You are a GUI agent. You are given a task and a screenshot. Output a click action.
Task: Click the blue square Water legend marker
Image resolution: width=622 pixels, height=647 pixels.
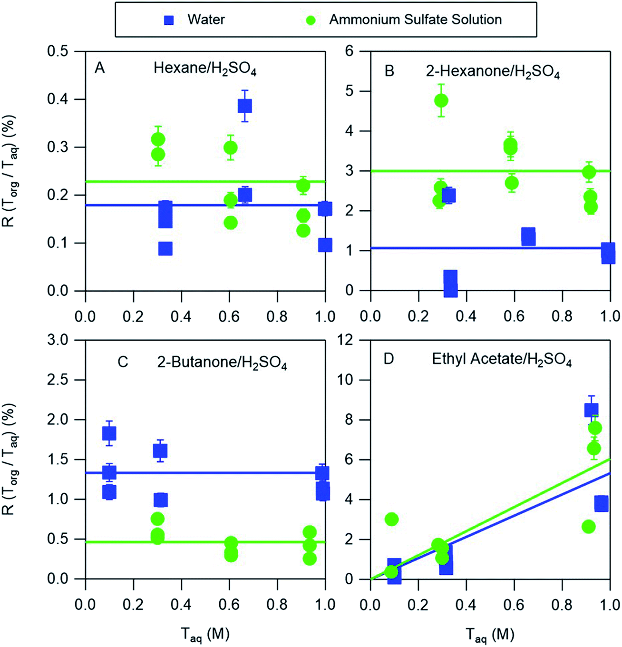169,20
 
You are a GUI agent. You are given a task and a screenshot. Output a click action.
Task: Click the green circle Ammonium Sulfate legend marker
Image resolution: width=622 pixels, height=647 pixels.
311,20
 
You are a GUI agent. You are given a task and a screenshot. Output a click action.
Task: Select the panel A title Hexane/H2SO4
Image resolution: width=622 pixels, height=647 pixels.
204,69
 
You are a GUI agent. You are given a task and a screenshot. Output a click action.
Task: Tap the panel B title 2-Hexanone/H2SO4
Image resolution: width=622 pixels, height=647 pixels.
492,72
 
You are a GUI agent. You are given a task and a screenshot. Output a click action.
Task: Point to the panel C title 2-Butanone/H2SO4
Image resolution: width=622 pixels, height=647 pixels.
222,363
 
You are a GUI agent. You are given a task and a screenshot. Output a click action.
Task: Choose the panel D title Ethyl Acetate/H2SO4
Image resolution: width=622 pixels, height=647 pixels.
501,360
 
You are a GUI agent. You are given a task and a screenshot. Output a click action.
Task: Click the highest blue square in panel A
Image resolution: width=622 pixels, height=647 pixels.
244,106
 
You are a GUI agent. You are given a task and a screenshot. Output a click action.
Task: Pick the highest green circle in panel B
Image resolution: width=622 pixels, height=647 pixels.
441,100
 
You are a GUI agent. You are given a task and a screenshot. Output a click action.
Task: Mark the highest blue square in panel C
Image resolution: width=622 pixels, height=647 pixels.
109,433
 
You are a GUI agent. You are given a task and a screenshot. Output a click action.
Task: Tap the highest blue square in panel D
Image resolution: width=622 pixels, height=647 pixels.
591,410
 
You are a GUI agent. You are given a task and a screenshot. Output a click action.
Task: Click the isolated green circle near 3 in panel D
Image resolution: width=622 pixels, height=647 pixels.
391,519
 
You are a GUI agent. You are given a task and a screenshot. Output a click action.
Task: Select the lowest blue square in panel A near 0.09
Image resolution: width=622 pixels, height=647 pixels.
165,248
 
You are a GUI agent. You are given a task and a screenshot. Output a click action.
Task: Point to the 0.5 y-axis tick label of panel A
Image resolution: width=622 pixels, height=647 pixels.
57,51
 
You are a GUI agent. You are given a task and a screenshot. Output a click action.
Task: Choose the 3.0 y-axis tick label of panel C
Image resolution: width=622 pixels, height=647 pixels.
57,340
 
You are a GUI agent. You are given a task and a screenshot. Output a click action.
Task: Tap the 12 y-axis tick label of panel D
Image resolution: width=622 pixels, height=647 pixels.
346,340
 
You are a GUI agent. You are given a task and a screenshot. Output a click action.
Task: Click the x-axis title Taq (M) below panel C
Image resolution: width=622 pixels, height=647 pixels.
205,635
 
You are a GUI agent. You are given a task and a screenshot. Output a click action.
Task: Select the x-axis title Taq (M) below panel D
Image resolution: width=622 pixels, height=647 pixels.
490,635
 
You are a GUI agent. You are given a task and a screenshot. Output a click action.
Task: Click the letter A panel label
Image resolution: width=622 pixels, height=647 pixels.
99,69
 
